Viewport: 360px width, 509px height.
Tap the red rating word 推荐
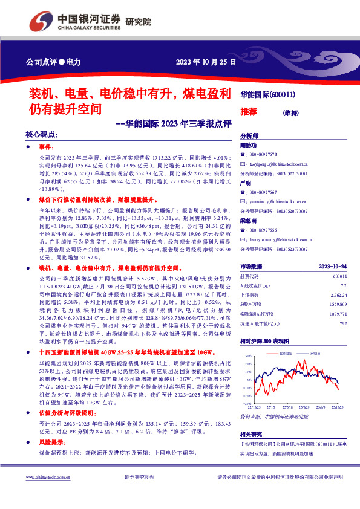point(249,112)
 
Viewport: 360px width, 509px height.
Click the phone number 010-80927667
point(265,192)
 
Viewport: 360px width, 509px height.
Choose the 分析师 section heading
point(249,136)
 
